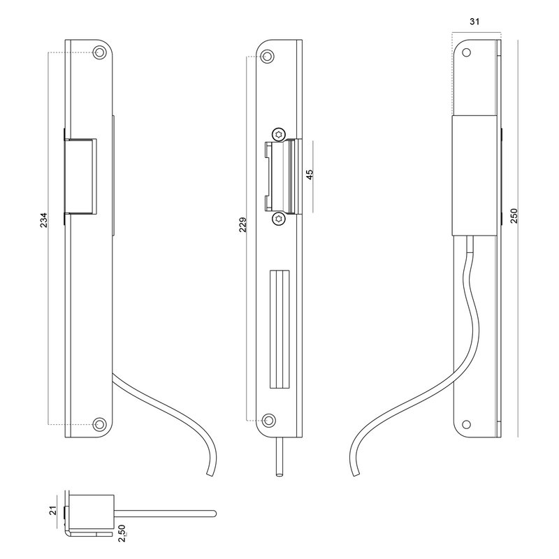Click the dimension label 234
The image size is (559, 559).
click(43, 220)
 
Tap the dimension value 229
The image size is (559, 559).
click(242, 224)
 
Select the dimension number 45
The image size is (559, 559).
click(310, 174)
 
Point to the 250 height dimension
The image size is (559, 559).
click(514, 216)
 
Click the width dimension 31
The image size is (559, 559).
click(474, 22)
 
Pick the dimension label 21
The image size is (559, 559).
click(53, 511)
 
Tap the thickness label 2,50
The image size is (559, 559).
click(122, 533)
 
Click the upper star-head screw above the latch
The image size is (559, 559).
click(279, 134)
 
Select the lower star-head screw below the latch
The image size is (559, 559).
click(279, 219)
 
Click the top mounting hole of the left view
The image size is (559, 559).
click(100, 53)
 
